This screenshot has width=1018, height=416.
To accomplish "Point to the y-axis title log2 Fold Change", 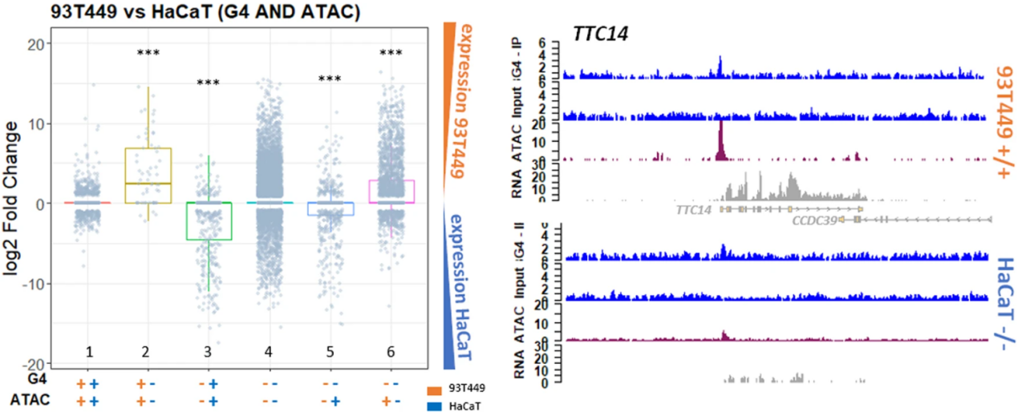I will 15,204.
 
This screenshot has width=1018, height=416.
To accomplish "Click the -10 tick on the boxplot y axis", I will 36,284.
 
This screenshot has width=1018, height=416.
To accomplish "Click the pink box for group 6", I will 391,192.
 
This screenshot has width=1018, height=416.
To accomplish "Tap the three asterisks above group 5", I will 331,80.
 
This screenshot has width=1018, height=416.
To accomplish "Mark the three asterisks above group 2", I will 148,54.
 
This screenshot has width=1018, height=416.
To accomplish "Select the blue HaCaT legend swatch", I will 435,406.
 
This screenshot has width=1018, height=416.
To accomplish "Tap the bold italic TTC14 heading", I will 599,33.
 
